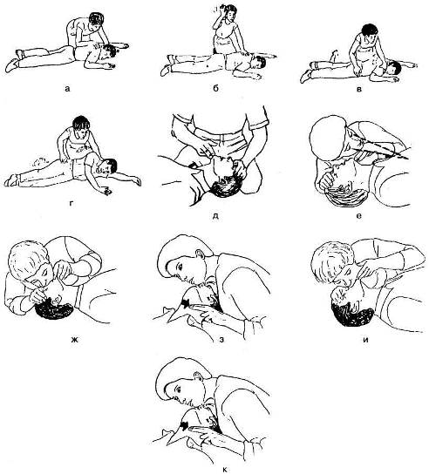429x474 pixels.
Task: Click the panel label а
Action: pos(67,88)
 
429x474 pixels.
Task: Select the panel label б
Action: pos(215,88)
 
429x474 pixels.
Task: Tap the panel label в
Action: pos(359,89)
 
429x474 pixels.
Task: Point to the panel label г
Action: pos(71,203)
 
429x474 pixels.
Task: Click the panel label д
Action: pos(215,216)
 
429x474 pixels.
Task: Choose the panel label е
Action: pos(359,216)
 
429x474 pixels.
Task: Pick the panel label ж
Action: pos(74,339)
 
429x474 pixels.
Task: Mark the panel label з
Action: pos(221,339)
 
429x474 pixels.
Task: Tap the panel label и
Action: pos(365,339)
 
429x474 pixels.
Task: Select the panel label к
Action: pos(224,469)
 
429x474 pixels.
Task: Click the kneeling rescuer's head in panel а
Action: pos(95,20)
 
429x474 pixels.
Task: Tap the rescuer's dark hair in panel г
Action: pos(81,123)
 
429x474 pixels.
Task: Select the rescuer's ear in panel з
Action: pos(199,253)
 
